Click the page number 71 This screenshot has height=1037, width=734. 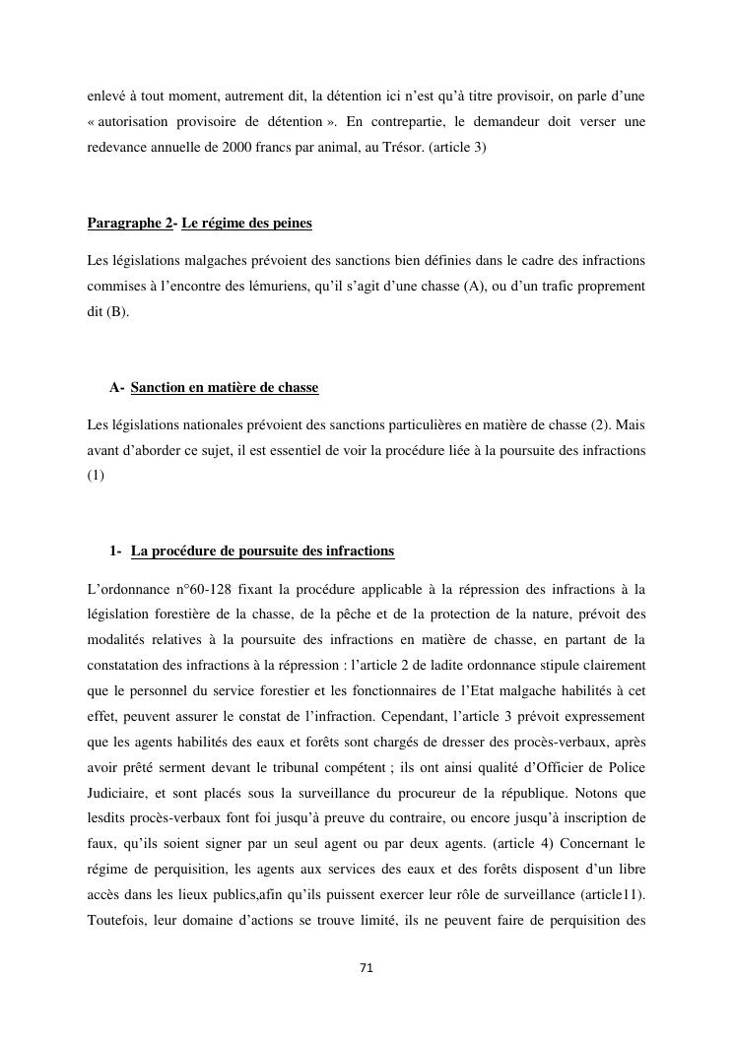[367, 968]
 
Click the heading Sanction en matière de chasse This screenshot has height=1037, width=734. [224, 388]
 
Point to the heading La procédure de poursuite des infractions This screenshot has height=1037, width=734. [261, 551]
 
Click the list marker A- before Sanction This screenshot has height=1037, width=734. [116, 388]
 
